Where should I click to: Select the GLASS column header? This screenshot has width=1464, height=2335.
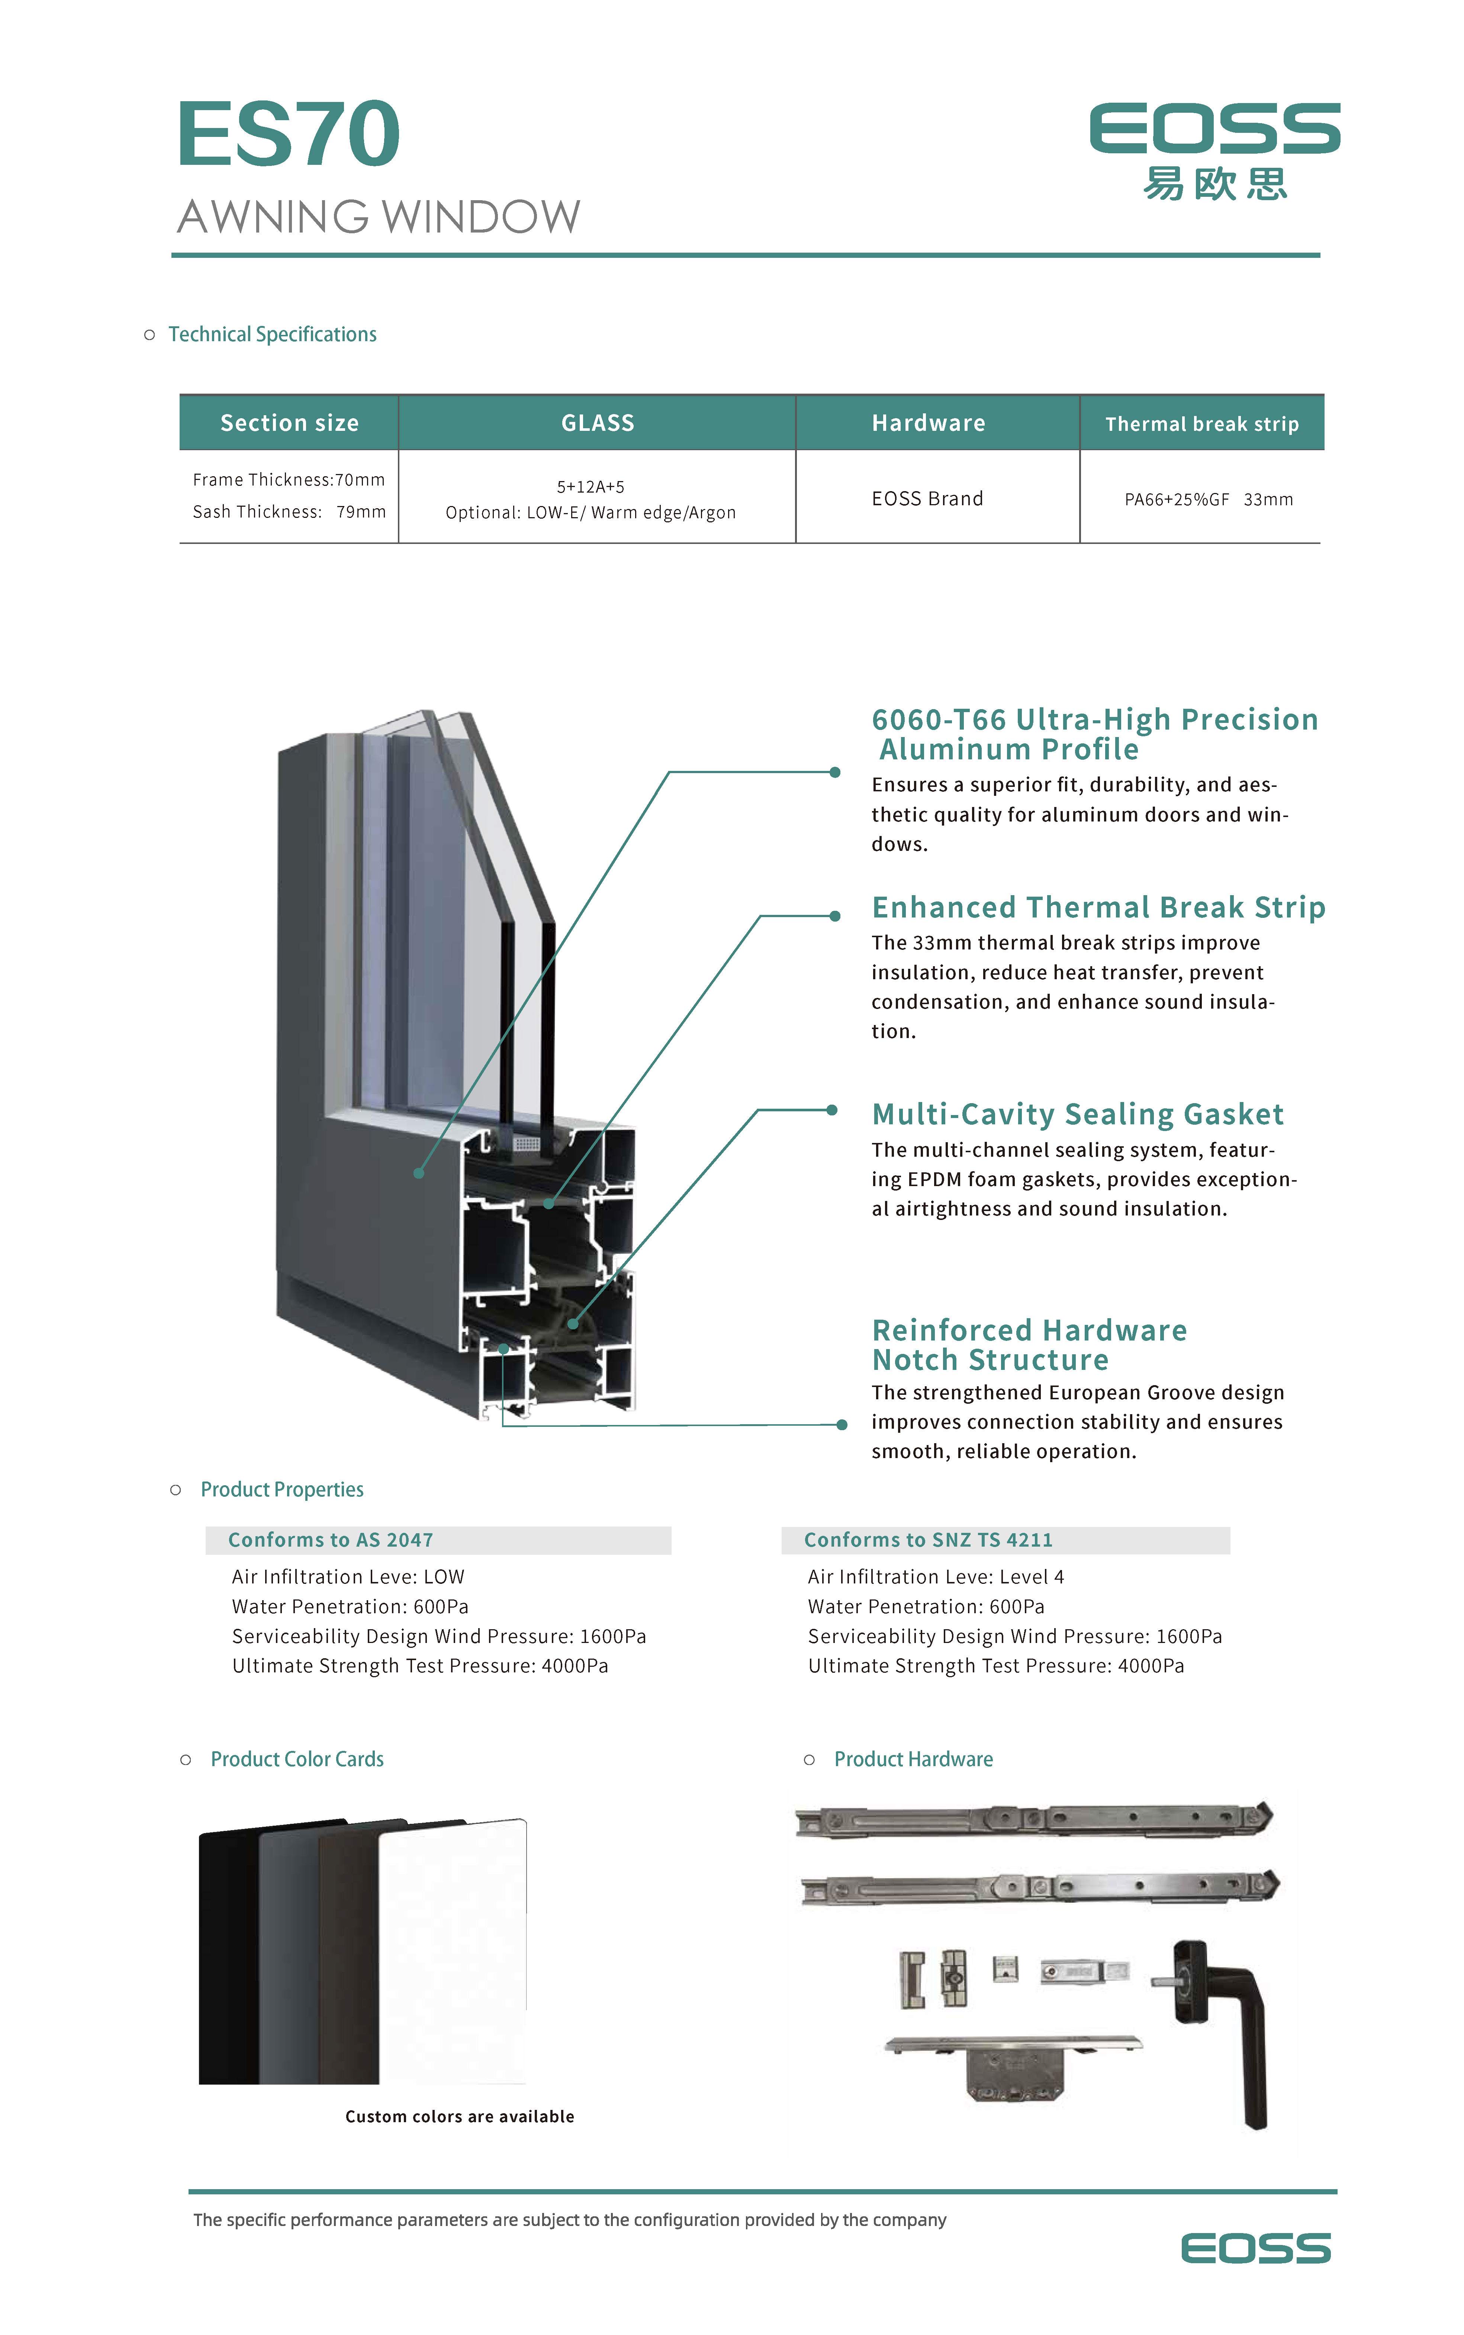(598, 423)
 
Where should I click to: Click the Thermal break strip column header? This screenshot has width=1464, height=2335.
(1201, 424)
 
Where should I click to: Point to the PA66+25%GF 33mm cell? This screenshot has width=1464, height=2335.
(1207, 500)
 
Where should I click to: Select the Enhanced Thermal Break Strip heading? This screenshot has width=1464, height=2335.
(1098, 907)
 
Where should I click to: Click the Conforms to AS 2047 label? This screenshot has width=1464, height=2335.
(330, 1540)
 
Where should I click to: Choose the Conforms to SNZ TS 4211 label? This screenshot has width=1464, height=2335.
(927, 1540)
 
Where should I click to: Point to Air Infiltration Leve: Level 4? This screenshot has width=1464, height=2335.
(935, 1577)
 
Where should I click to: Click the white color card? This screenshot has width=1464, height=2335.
(452, 1951)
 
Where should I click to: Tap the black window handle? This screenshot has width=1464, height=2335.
(1230, 2024)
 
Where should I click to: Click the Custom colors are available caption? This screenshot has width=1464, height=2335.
(459, 2116)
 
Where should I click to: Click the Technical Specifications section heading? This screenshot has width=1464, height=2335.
(272, 334)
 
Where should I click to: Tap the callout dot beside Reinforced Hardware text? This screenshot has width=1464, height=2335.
(842, 1425)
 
